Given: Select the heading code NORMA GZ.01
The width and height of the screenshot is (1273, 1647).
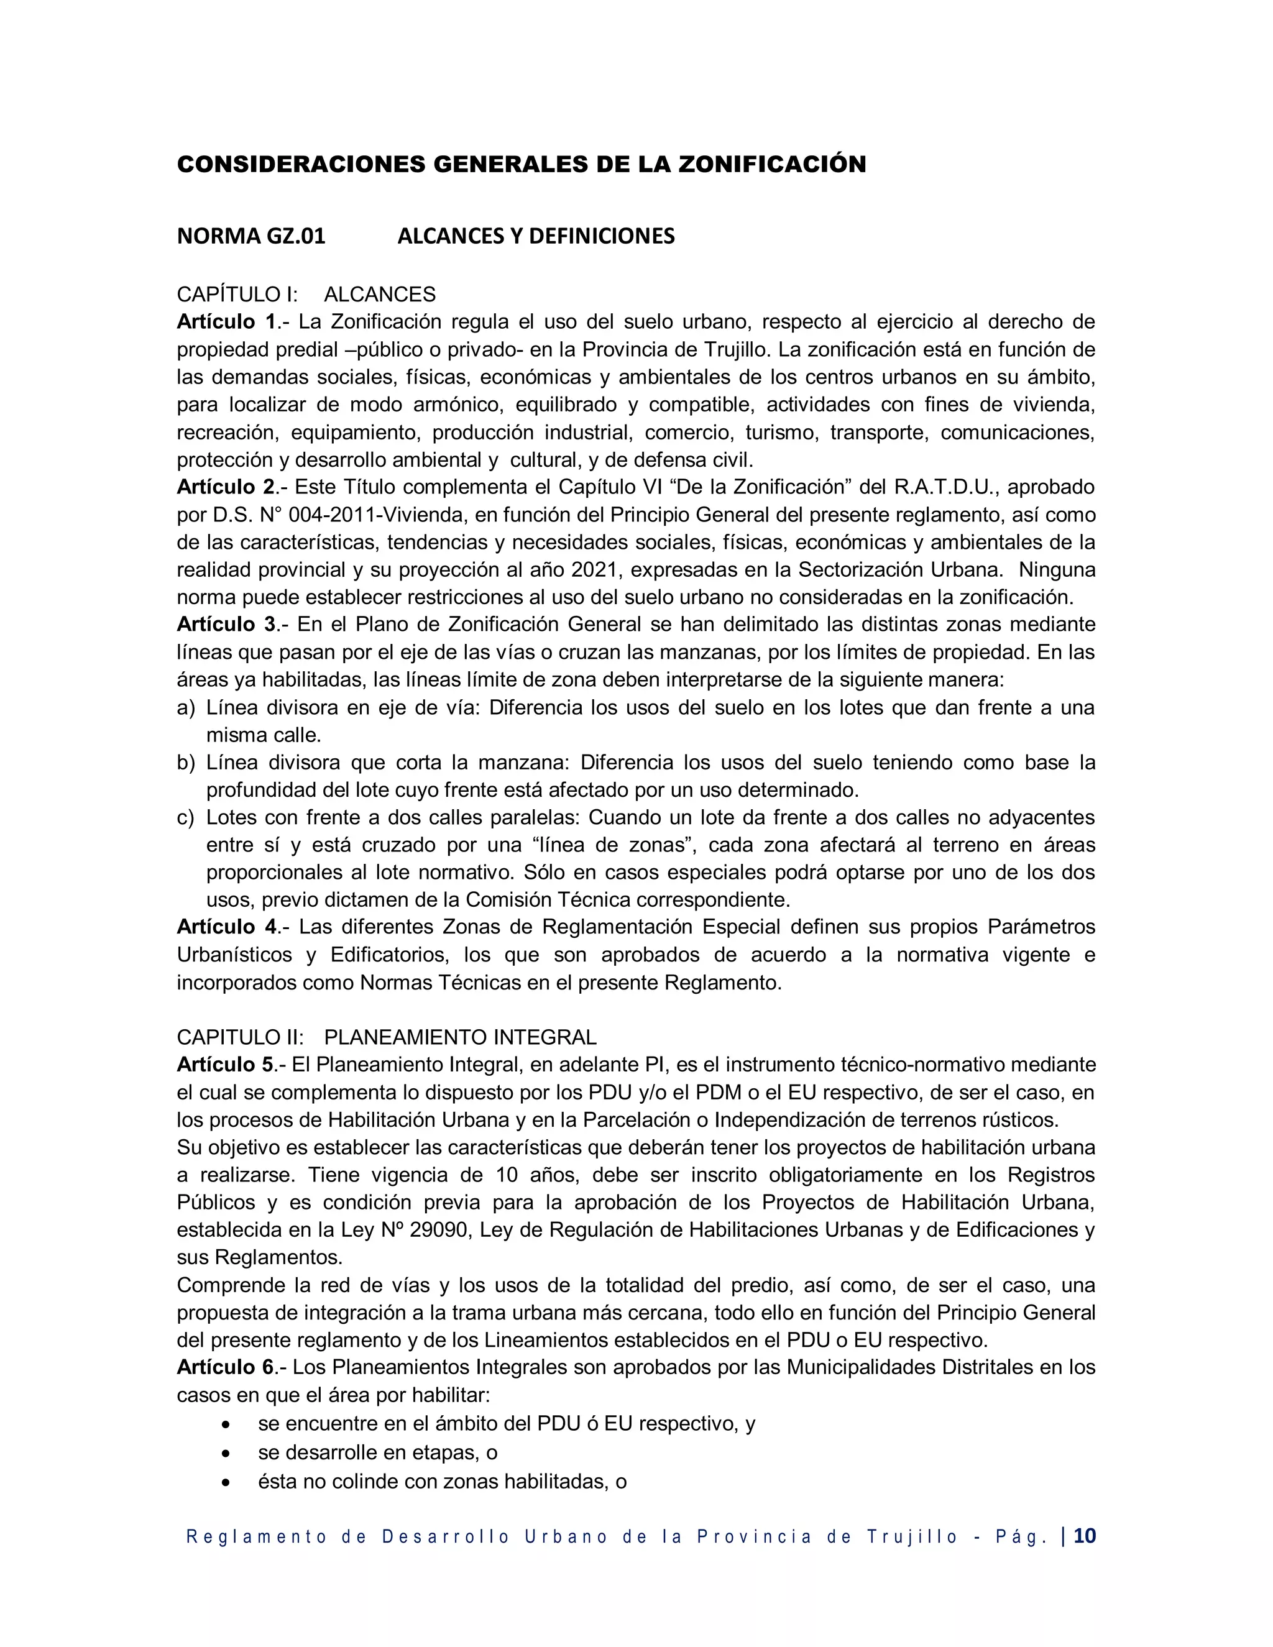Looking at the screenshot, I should coord(251,237).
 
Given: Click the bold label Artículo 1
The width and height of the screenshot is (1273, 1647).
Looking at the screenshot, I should coord(227,322).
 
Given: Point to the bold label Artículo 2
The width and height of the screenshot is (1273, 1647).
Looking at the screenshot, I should coord(227,487).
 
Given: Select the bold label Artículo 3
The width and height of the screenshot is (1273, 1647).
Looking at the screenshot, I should coord(227,625).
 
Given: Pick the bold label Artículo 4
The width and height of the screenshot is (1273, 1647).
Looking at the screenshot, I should coord(227,927).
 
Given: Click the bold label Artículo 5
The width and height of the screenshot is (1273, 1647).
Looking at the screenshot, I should coord(227,1065).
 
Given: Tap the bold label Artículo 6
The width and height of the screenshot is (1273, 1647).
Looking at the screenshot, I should coord(227,1367).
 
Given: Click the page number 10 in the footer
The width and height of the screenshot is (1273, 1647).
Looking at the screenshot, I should coord(1085,1537).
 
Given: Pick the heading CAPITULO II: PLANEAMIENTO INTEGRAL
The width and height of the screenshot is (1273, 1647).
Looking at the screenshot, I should coord(386,1038).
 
